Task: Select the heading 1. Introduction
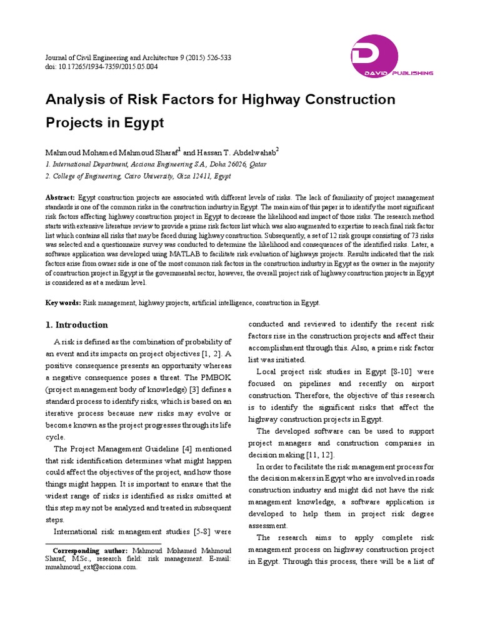coord(77,325)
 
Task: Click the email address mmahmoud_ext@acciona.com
coord(91,567)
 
